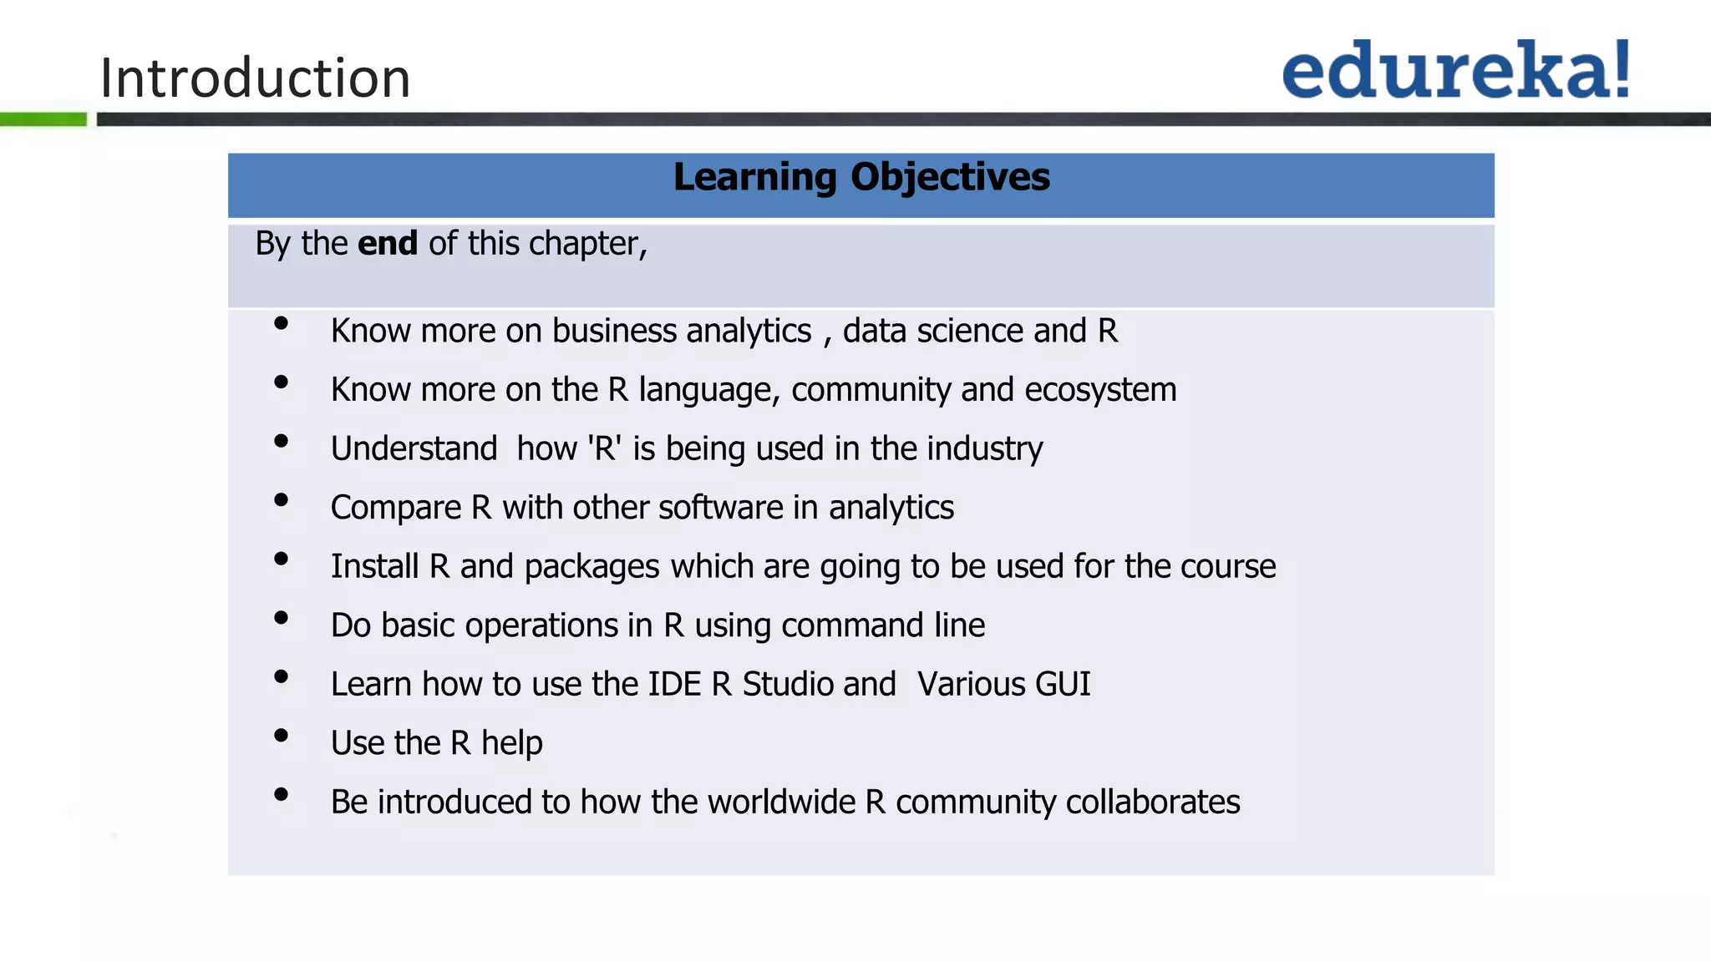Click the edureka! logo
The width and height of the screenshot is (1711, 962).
click(1456, 70)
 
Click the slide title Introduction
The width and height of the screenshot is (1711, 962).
click(255, 78)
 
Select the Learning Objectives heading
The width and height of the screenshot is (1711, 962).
click(861, 177)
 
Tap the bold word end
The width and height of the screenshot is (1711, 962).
click(388, 244)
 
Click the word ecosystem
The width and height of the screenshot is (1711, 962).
click(1100, 390)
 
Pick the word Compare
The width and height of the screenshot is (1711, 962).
click(396, 508)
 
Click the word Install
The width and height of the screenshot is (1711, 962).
click(374, 566)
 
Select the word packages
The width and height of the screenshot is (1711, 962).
click(592, 567)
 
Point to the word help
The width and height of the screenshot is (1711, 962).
click(511, 743)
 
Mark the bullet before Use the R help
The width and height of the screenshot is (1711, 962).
click(281, 736)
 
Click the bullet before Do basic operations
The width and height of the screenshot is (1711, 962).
click(281, 618)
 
